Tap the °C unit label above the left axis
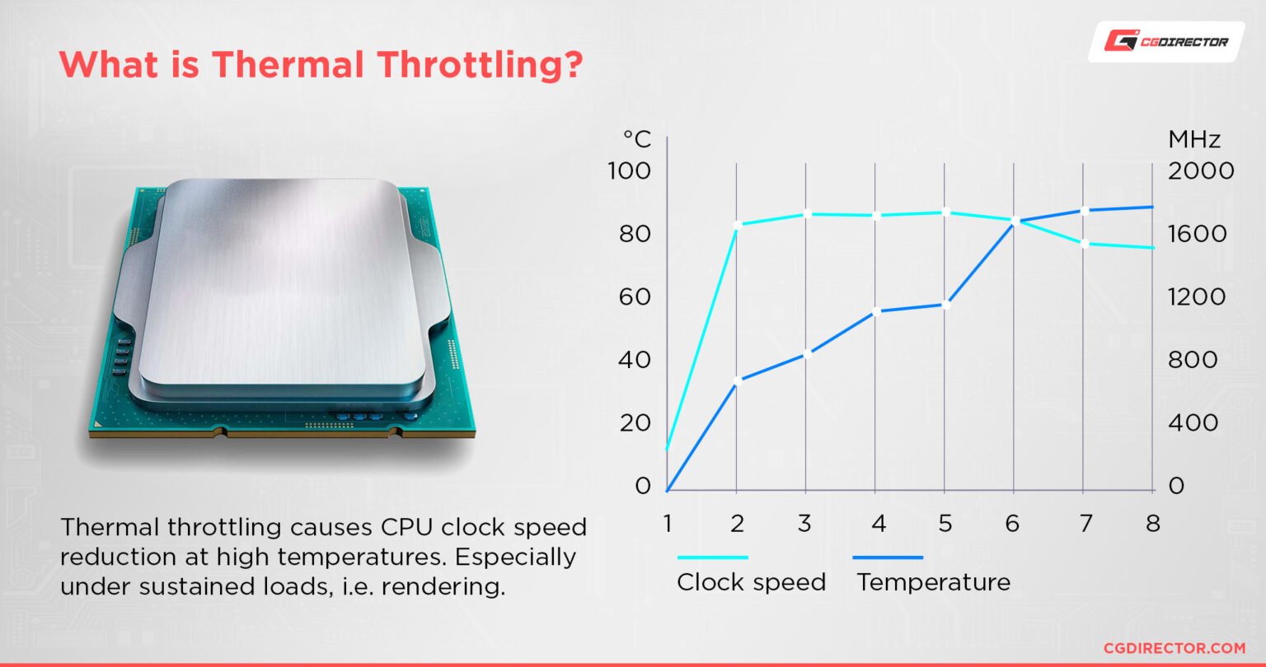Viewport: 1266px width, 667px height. [636, 139]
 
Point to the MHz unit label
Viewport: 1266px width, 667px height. [1194, 139]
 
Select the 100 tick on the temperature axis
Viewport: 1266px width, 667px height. [629, 171]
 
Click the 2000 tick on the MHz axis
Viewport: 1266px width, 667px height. [1201, 171]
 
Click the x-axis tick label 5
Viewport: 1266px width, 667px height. [945, 524]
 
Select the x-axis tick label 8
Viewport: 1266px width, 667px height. [1152, 524]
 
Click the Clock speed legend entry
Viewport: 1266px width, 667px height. [751, 581]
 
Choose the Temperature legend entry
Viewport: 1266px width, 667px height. [933, 581]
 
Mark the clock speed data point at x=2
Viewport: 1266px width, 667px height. [737, 224]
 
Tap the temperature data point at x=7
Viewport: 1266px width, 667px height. [1084, 211]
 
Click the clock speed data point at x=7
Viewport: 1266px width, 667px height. [1084, 243]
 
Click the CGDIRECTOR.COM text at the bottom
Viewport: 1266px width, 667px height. [1175, 649]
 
